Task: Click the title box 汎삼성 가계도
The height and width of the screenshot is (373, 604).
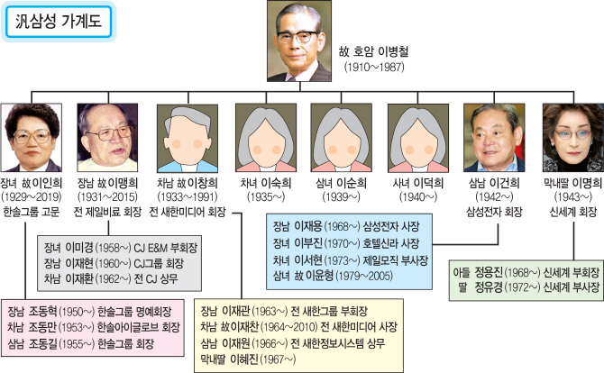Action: coord(59,22)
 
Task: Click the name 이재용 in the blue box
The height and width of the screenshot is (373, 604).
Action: coord(308,226)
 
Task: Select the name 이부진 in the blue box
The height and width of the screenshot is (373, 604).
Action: coord(308,243)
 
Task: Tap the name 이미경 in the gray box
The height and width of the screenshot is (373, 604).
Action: coord(79,248)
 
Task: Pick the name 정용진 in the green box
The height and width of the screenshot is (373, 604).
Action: coord(489,272)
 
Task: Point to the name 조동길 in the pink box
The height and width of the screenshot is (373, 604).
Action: coord(42,343)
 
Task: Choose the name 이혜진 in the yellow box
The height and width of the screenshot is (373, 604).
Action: coord(243,359)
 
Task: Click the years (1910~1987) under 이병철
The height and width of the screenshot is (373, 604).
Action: coord(374,67)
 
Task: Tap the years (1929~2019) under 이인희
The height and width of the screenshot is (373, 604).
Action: coord(32,197)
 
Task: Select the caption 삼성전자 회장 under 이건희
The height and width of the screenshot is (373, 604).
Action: coord(494,212)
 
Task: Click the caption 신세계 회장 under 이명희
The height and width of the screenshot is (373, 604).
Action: coord(573,212)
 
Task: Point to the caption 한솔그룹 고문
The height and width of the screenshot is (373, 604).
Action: coord(32,212)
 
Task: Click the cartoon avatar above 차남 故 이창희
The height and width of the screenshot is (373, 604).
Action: coord(188,138)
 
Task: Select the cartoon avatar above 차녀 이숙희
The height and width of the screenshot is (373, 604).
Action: coord(266,138)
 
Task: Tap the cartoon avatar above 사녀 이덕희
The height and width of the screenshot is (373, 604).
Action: coord(418,138)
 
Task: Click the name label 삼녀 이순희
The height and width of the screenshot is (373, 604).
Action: coord(342,183)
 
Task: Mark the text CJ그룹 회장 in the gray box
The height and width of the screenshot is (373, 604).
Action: coord(159,264)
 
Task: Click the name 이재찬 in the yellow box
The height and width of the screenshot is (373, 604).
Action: coord(245,327)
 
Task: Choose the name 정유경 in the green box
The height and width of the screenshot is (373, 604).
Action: coord(489,287)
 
